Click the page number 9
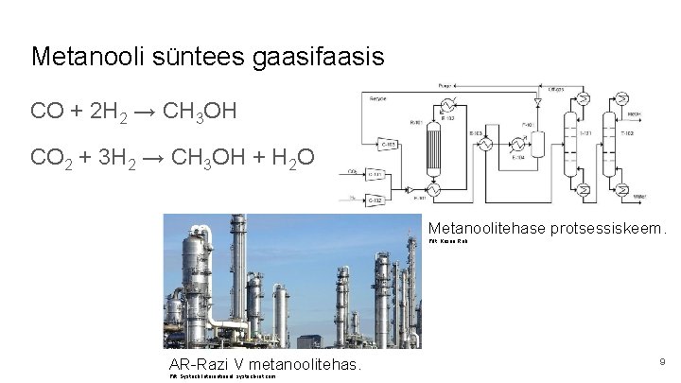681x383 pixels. click(662, 360)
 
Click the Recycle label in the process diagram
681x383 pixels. click(377, 98)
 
